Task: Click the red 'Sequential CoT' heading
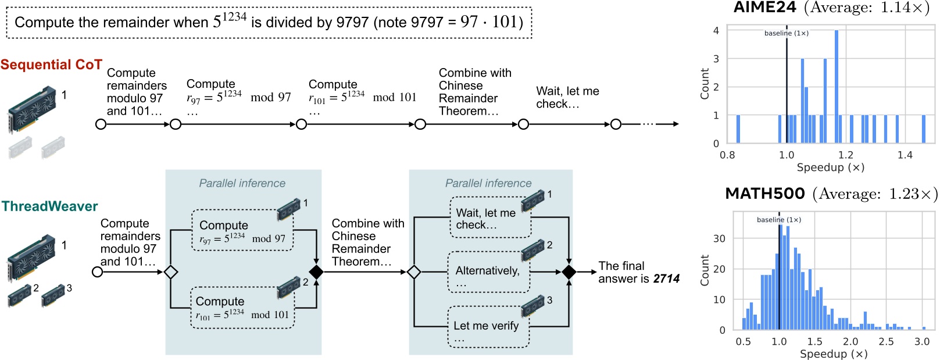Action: (51, 65)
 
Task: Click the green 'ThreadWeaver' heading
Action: (50, 206)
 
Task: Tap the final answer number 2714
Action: (666, 279)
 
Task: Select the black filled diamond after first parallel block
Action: (316, 272)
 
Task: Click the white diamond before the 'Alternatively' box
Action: (414, 272)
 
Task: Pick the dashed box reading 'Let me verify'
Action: (488, 327)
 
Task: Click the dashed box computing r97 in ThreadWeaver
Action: (242, 231)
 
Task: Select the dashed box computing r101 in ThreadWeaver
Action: (242, 308)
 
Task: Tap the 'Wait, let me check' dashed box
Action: (490, 218)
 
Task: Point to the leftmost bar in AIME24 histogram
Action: (738, 129)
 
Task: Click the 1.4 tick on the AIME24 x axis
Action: (905, 155)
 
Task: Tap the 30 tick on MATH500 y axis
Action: (719, 238)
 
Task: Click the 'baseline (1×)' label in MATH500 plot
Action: (778, 220)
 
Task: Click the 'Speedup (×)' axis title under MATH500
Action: (833, 354)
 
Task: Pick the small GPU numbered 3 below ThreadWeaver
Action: (53, 295)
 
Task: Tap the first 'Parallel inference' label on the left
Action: (242, 183)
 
